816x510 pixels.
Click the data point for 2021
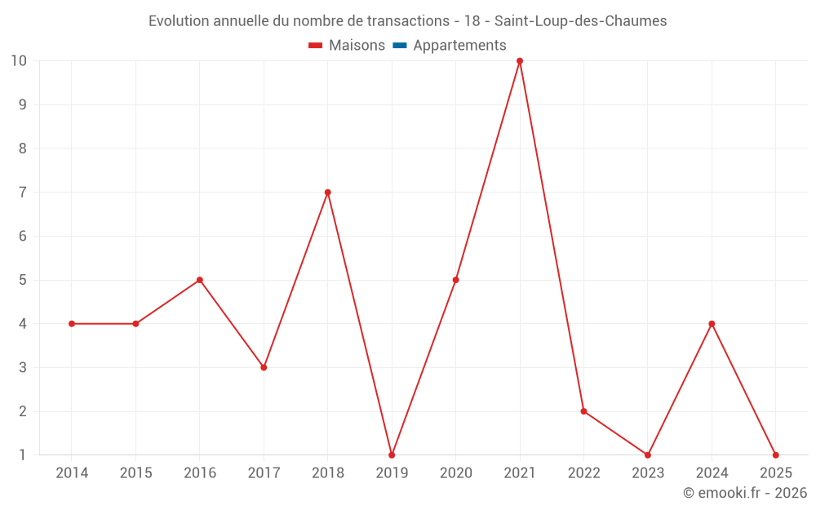520,61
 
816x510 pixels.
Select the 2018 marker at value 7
327,193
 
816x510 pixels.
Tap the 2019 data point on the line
392,455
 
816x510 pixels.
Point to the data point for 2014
72,324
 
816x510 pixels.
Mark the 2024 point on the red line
712,324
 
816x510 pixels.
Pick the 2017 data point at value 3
264,367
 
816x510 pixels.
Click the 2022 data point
583,411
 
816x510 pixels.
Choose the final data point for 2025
775,455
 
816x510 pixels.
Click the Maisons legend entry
347,46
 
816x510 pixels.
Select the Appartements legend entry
459,46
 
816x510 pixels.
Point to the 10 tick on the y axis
19,61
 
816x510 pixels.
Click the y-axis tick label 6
23,236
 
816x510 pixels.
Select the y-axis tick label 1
23,455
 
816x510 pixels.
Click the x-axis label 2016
200,473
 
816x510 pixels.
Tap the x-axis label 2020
455,473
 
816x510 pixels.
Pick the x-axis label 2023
647,473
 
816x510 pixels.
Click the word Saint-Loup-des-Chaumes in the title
580,21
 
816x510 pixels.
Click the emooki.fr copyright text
744,493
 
